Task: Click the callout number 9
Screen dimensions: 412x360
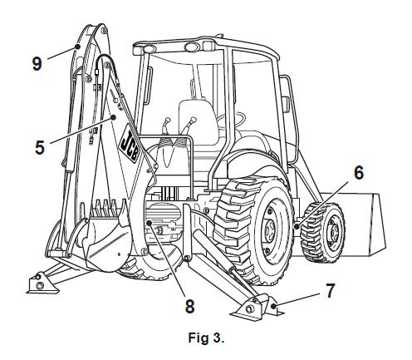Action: click(37, 63)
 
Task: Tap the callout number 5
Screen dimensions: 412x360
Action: click(40, 147)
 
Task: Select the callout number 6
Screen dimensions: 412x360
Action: click(359, 173)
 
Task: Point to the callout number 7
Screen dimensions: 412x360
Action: click(330, 291)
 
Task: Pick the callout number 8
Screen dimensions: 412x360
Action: click(189, 306)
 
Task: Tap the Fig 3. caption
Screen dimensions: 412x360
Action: click(206, 338)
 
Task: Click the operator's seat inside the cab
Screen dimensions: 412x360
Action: click(198, 122)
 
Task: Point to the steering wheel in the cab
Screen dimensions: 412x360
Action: click(232, 119)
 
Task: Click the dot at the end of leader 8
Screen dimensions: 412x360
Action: click(150, 223)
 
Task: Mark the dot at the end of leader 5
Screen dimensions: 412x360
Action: click(113, 117)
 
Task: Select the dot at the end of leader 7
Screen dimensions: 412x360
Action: click(273, 306)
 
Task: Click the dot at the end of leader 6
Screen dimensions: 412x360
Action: click(297, 226)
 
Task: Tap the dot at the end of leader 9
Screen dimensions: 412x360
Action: click(77, 47)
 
